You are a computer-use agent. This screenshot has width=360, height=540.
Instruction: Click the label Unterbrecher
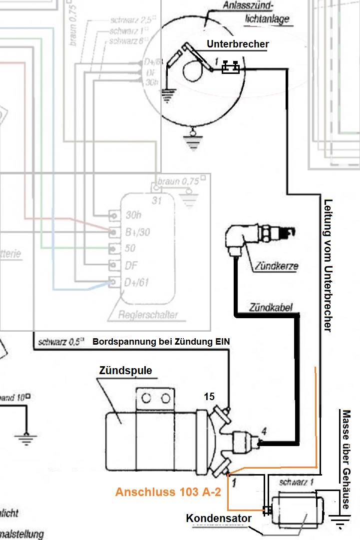coord(238,44)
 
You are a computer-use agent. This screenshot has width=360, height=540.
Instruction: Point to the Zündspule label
coord(125,371)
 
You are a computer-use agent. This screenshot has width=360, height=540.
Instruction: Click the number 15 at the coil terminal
coord(209,397)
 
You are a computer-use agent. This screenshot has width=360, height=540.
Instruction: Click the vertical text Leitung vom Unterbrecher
coord(328,265)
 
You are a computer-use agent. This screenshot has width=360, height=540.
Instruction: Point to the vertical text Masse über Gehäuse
coord(346,460)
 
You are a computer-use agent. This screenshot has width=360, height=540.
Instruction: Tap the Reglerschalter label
coord(148,315)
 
